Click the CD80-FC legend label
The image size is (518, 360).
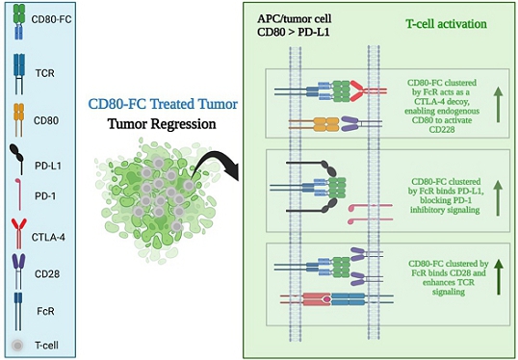click(x=51, y=19)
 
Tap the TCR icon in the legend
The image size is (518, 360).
click(x=19, y=74)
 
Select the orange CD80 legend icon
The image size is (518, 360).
click(x=19, y=120)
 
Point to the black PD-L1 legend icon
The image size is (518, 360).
click(x=17, y=159)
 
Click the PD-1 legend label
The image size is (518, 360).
click(x=45, y=196)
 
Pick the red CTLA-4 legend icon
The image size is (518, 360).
click(x=19, y=233)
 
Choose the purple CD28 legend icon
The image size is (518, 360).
click(x=18, y=271)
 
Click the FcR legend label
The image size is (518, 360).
click(x=45, y=311)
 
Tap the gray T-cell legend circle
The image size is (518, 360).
click(x=17, y=346)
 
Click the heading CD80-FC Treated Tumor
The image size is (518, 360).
click(x=163, y=104)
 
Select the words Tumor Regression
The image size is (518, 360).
click(x=162, y=124)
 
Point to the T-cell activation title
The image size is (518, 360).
click(x=446, y=24)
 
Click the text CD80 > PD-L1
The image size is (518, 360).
click(x=294, y=33)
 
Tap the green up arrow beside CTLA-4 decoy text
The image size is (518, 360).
click(x=498, y=105)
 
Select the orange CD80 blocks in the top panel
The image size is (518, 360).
click(x=326, y=124)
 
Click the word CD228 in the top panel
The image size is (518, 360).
click(x=442, y=130)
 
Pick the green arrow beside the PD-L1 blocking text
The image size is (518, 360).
click(x=498, y=197)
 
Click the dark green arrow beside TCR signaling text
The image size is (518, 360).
click(x=498, y=277)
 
